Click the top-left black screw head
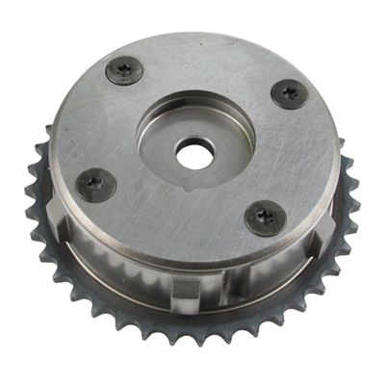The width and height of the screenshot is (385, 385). (x=124, y=69)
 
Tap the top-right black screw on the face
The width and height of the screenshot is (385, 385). (x=290, y=93)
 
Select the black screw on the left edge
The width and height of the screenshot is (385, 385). (x=95, y=183)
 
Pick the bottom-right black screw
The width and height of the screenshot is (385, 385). (x=265, y=218)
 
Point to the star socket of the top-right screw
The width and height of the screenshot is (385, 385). (x=290, y=93)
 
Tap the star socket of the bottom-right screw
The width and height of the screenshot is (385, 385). (x=265, y=218)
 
